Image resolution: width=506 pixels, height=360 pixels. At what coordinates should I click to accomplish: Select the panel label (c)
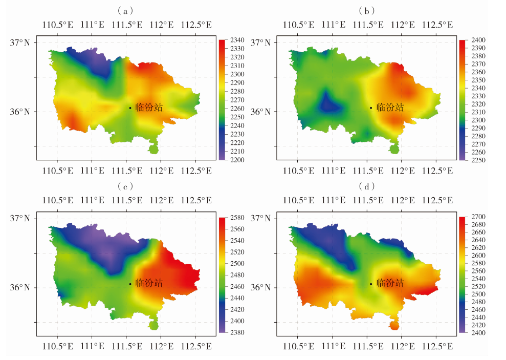tap(125, 185)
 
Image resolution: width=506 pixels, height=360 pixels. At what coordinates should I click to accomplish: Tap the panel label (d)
tap(366, 185)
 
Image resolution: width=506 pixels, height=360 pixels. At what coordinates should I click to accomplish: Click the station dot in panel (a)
tap(130, 108)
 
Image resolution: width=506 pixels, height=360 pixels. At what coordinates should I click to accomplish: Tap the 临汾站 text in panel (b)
tap(390, 108)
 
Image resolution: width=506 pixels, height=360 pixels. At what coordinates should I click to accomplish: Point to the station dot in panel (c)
tap(130, 284)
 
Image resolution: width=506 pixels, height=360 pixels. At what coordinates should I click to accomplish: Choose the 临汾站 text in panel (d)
tap(390, 283)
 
